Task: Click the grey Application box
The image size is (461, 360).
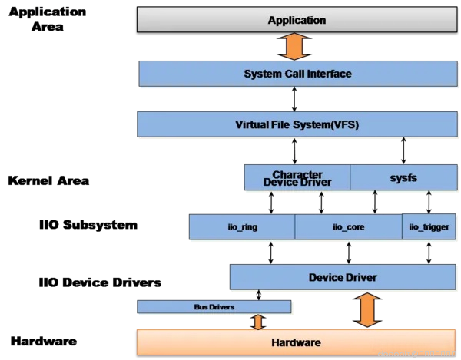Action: point(297,20)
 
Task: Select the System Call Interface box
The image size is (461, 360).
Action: point(297,74)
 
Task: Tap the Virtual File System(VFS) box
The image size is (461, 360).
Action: point(297,124)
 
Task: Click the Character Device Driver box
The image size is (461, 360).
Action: point(297,177)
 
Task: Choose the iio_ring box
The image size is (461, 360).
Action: point(242,227)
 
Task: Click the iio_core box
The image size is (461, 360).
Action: point(347,227)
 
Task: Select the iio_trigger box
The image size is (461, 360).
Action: point(429,227)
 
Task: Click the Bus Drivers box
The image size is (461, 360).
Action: point(214,307)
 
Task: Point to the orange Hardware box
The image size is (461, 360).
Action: point(297,342)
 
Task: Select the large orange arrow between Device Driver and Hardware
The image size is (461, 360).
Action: point(366,310)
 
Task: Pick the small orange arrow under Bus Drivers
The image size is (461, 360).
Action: point(258,322)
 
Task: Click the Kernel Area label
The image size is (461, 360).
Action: point(48,181)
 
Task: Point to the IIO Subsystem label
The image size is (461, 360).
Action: point(88,225)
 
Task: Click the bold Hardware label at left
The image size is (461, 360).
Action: point(43,341)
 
